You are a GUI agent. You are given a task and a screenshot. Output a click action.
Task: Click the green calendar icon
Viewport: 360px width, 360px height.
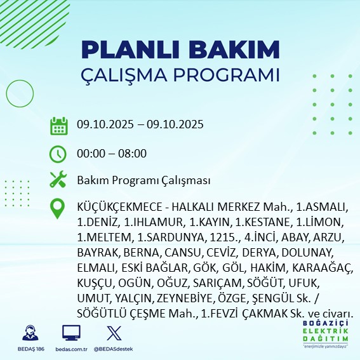coord(58,125)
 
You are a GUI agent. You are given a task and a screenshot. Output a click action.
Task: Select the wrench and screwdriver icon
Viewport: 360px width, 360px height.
coord(58,180)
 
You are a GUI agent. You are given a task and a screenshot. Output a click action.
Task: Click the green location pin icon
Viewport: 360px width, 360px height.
coord(58,209)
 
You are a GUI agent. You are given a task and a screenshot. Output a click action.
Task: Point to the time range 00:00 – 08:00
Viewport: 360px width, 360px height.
coord(112,153)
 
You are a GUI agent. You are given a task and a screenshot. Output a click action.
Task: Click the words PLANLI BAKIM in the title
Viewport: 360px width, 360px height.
coord(180,50)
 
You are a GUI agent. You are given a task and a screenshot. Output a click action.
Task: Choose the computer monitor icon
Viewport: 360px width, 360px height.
coord(71,333)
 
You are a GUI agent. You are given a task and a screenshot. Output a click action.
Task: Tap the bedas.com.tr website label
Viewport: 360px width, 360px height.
coord(71,350)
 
